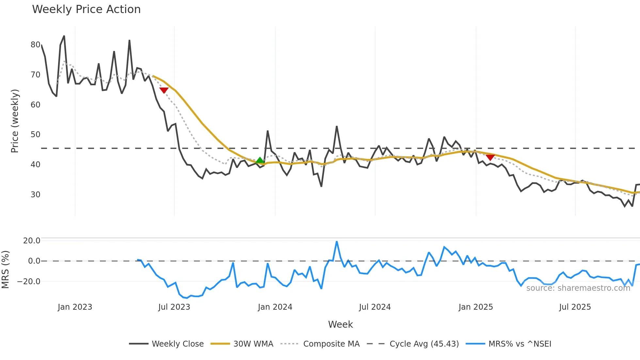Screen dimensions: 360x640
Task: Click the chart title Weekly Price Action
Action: [x=86, y=9]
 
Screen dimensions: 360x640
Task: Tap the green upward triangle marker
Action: [x=260, y=160]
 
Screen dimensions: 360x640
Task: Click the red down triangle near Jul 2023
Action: [x=164, y=90]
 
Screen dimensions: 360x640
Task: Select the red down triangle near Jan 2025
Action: [x=490, y=157]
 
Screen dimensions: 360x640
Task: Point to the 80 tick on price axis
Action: [x=35, y=45]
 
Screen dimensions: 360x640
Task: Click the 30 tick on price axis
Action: [x=35, y=195]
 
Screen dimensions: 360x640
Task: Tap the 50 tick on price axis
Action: [x=35, y=135]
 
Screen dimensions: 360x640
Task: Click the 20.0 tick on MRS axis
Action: [x=32, y=241]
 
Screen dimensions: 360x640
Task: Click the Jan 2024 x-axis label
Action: [x=275, y=307]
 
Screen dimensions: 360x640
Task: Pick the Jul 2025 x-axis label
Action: [x=575, y=307]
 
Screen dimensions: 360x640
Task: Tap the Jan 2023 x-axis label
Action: [x=75, y=307]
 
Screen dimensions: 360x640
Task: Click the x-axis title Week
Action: [x=340, y=324]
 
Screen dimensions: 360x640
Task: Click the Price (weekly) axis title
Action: [x=15, y=121]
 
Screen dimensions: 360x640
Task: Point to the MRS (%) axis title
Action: [x=5, y=270]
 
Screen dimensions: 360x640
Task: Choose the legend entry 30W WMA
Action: [x=253, y=344]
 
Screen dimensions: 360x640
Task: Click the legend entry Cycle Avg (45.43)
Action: [x=424, y=344]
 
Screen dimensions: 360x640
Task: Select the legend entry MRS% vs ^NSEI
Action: [x=520, y=344]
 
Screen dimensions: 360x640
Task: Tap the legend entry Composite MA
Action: [x=331, y=344]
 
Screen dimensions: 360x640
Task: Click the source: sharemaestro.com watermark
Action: [x=578, y=288]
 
